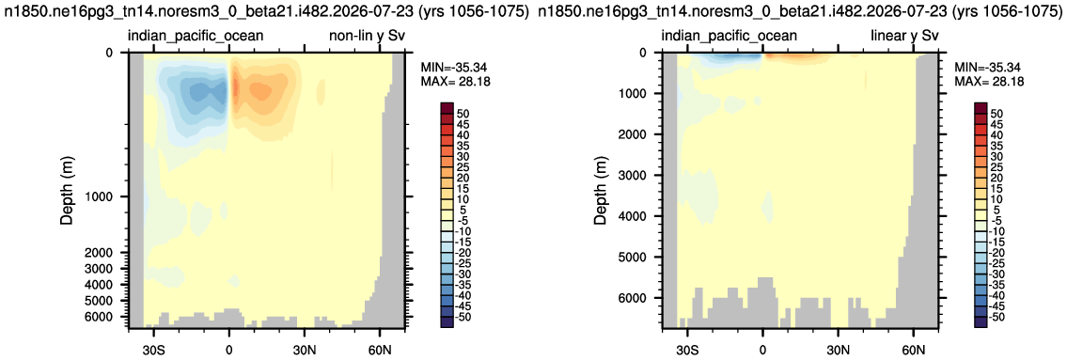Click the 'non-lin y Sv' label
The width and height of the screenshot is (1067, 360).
373,36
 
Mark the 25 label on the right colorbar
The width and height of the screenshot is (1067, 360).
1004,166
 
